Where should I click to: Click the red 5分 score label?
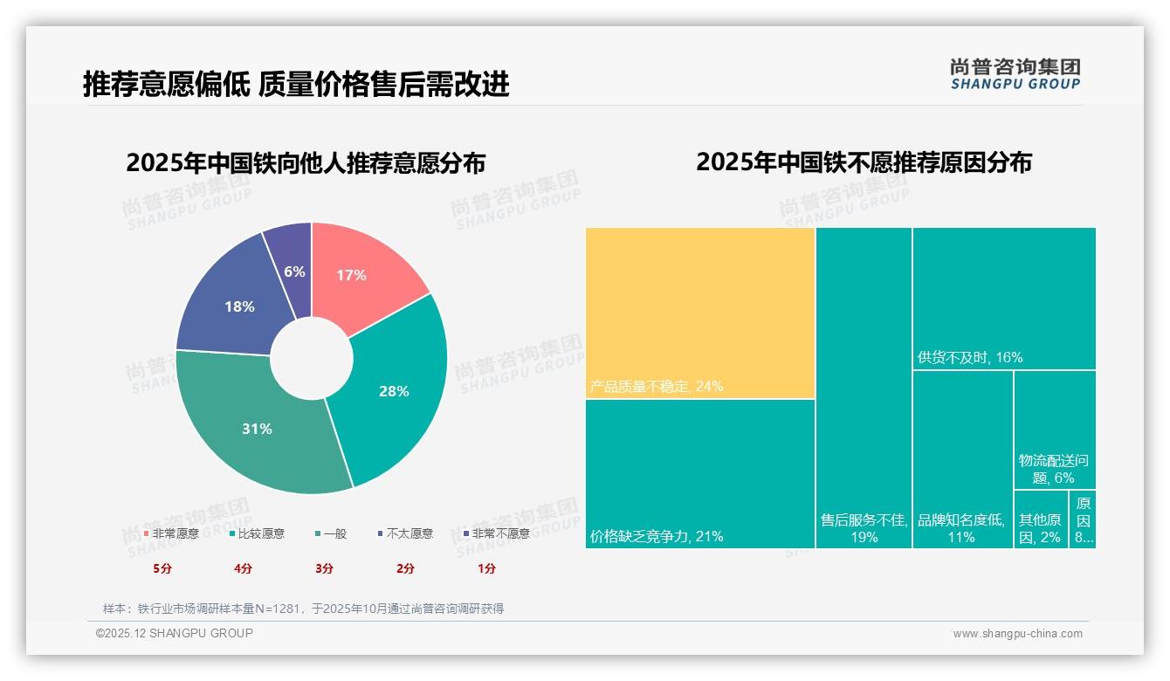click(162, 568)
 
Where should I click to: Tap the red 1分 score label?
click(486, 568)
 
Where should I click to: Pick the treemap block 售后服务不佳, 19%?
click(864, 388)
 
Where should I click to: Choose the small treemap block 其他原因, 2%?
click(1040, 519)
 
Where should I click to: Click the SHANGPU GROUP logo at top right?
click(1015, 74)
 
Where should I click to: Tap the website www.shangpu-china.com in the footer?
click(1017, 634)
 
